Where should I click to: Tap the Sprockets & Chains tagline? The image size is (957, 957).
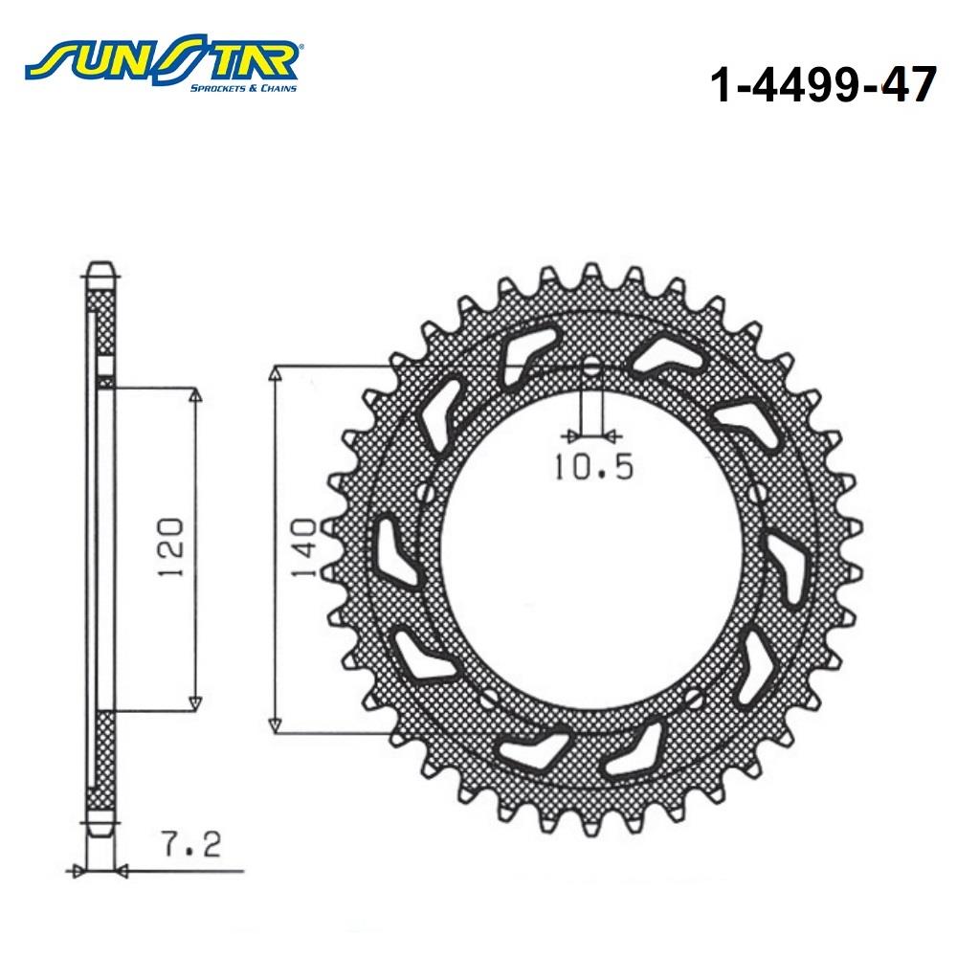pos(243,88)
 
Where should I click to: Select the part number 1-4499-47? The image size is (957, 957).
pos(823,84)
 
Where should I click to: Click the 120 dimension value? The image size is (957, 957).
pos(170,548)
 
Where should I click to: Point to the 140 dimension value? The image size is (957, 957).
pos(303,548)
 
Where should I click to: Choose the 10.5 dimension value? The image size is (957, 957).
pos(594,468)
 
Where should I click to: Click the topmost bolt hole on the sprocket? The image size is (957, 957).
pos(590,368)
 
